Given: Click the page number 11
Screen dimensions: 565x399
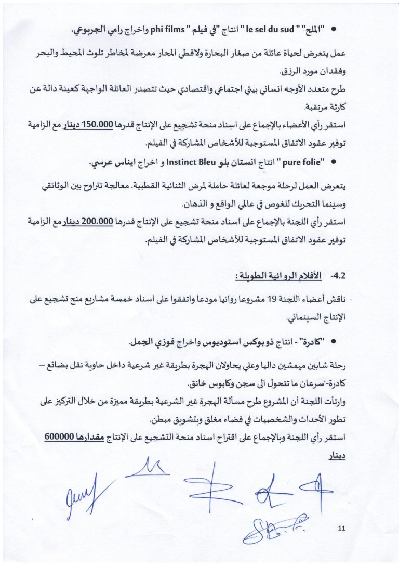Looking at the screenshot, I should tap(341, 529).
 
